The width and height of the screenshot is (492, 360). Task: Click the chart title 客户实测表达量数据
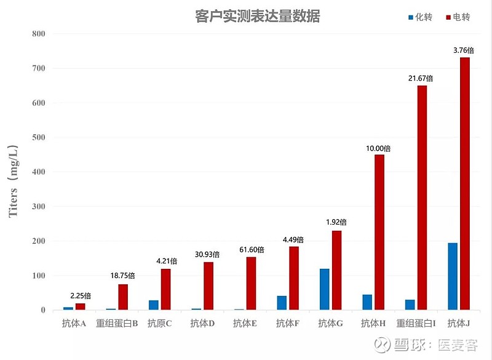tap(257, 17)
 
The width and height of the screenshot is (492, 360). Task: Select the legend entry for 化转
tap(420, 17)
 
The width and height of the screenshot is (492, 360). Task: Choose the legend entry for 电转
tap(458, 17)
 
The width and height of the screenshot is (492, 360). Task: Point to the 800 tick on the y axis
tap(39, 34)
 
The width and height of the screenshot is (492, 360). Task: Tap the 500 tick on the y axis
tap(39, 137)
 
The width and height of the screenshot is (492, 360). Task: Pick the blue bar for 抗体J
tap(453, 276)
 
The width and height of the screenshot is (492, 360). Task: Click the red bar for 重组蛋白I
tap(422, 198)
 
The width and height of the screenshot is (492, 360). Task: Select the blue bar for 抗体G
tap(324, 289)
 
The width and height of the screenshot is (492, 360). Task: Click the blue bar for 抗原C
tap(153, 305)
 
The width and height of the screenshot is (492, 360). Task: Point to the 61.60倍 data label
tap(252, 249)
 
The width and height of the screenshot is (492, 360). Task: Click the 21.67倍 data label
tap(421, 78)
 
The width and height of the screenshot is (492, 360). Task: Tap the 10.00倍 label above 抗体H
tap(378, 148)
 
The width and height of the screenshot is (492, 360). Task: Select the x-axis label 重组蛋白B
tap(117, 323)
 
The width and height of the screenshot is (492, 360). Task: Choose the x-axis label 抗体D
tap(202, 323)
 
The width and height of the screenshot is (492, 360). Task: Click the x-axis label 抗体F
tap(288, 323)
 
